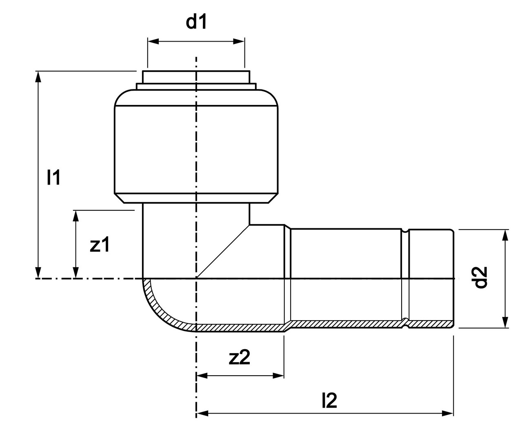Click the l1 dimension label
tap(53, 177)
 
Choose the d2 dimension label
tap(482, 278)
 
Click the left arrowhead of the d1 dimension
tap(152, 41)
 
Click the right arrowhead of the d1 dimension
tap(240, 41)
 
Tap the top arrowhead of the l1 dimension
tap(38, 76)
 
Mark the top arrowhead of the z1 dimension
tap(75, 215)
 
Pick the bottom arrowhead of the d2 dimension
tap(505, 323)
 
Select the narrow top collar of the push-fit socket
tap(196, 77)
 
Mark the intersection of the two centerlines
tap(196, 278)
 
